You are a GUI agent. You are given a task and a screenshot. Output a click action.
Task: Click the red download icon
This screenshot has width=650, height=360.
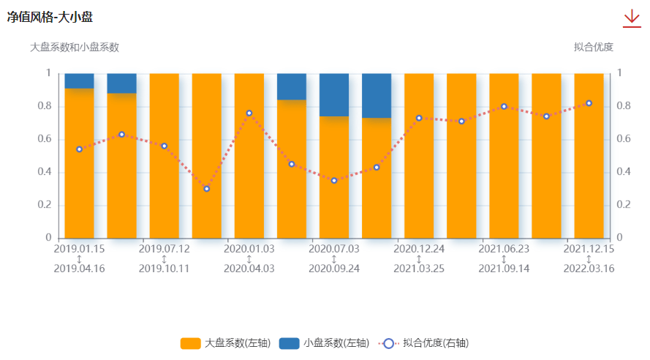[x=631, y=18]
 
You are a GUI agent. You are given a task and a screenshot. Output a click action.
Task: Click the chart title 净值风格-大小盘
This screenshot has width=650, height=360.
[x=50, y=17]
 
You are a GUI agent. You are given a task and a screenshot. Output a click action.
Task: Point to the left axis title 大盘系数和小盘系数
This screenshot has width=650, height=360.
[x=75, y=47]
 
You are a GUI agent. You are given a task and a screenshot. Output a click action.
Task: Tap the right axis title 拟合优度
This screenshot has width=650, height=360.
[x=593, y=47]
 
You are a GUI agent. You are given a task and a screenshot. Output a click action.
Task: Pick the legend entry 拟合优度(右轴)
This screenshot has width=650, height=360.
[x=424, y=342]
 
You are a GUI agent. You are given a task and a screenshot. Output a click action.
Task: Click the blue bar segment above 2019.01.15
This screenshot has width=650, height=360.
[x=79, y=80]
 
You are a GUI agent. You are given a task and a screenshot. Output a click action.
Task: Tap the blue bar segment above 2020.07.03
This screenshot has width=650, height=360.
[x=334, y=94]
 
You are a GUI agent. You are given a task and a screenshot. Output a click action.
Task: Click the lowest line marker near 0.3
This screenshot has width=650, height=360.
[x=207, y=189]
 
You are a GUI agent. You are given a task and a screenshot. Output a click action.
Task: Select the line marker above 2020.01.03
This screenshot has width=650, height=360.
[x=249, y=113]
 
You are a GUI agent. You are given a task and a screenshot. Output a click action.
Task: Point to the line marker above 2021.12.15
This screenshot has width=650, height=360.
[x=589, y=103]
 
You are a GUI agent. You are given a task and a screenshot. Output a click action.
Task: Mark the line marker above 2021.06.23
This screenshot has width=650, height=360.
[x=504, y=107]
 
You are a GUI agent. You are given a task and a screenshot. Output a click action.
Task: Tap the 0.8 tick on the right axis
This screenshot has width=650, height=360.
[x=623, y=106]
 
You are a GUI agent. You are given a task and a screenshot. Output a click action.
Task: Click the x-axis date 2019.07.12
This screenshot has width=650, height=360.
[x=164, y=249]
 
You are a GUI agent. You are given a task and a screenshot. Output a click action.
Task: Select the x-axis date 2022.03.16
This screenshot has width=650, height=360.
[x=589, y=269]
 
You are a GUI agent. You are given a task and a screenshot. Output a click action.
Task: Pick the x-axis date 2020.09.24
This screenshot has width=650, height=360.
[x=334, y=269]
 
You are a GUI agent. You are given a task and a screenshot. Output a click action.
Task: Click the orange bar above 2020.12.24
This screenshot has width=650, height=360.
[x=419, y=176]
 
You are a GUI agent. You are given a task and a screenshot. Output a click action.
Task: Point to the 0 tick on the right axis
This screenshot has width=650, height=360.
[x=620, y=238]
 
